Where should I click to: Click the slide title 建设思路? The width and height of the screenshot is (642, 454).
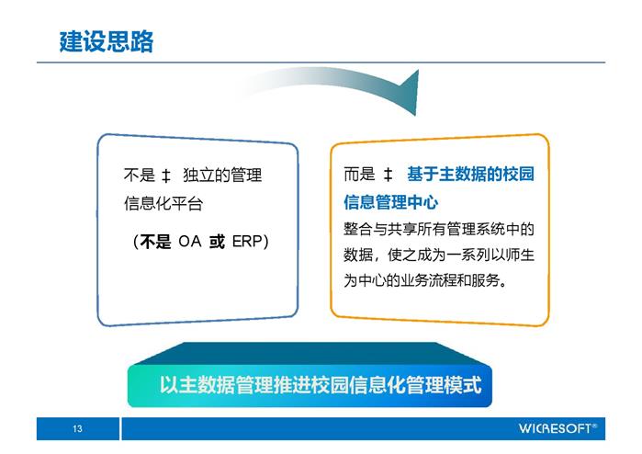click(x=107, y=41)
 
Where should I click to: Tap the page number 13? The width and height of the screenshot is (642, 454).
click(x=77, y=428)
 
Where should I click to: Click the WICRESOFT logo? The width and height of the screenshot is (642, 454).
click(x=558, y=428)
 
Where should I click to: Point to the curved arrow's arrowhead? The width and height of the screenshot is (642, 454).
click(x=410, y=93)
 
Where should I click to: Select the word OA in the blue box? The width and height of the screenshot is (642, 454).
click(x=189, y=242)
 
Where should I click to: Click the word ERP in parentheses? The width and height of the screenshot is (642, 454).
click(x=246, y=242)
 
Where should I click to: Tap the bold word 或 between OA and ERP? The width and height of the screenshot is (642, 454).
click(x=217, y=242)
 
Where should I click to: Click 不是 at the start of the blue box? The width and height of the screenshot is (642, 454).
click(x=140, y=175)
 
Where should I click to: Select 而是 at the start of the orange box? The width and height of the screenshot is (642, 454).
click(x=359, y=174)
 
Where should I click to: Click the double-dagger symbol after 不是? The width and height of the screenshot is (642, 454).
click(x=166, y=176)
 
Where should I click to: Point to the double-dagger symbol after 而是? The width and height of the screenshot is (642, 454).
click(x=389, y=175)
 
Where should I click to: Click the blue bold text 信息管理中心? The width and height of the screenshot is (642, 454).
click(x=391, y=202)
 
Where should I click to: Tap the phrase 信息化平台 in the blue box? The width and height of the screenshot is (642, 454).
click(x=163, y=203)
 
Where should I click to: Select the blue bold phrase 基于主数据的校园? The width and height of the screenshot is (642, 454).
click(x=471, y=174)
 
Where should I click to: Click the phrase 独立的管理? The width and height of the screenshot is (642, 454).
click(x=222, y=175)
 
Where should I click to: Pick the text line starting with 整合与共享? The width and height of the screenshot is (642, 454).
click(x=439, y=229)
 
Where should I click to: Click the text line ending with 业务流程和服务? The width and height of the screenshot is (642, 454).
click(x=425, y=280)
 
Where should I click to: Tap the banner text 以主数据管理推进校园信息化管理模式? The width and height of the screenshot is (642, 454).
click(x=321, y=385)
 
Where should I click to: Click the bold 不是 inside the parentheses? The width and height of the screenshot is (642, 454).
click(x=155, y=242)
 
